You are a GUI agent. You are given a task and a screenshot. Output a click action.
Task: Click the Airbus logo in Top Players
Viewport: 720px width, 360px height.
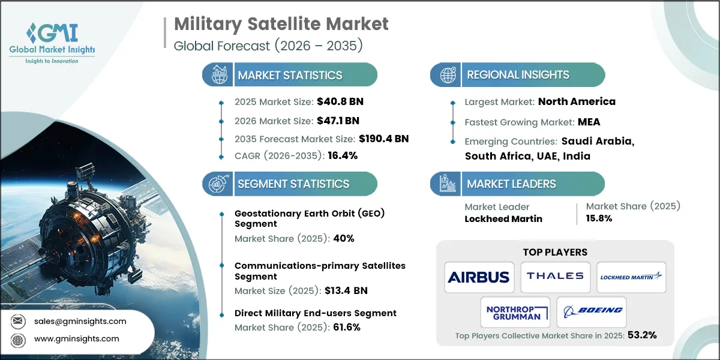(479, 277)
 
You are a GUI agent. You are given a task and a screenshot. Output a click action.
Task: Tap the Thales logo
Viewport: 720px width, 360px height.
(555, 276)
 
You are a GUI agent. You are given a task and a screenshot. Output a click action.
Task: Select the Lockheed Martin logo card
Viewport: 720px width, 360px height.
(631, 276)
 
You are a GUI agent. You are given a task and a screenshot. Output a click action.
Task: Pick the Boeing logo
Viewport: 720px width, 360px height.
(592, 311)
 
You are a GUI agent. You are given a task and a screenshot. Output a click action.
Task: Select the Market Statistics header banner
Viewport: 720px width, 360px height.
(290, 75)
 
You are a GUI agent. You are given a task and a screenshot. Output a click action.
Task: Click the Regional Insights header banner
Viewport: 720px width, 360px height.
(517, 75)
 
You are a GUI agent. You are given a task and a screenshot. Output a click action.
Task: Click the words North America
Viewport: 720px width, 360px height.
(577, 101)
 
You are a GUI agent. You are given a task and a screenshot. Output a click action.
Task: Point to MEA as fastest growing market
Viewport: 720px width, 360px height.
(588, 122)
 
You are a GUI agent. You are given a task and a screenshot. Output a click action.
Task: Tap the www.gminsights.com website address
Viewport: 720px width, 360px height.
(77, 338)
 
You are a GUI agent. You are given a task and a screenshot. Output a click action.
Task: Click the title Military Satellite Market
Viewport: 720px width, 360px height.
(281, 24)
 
